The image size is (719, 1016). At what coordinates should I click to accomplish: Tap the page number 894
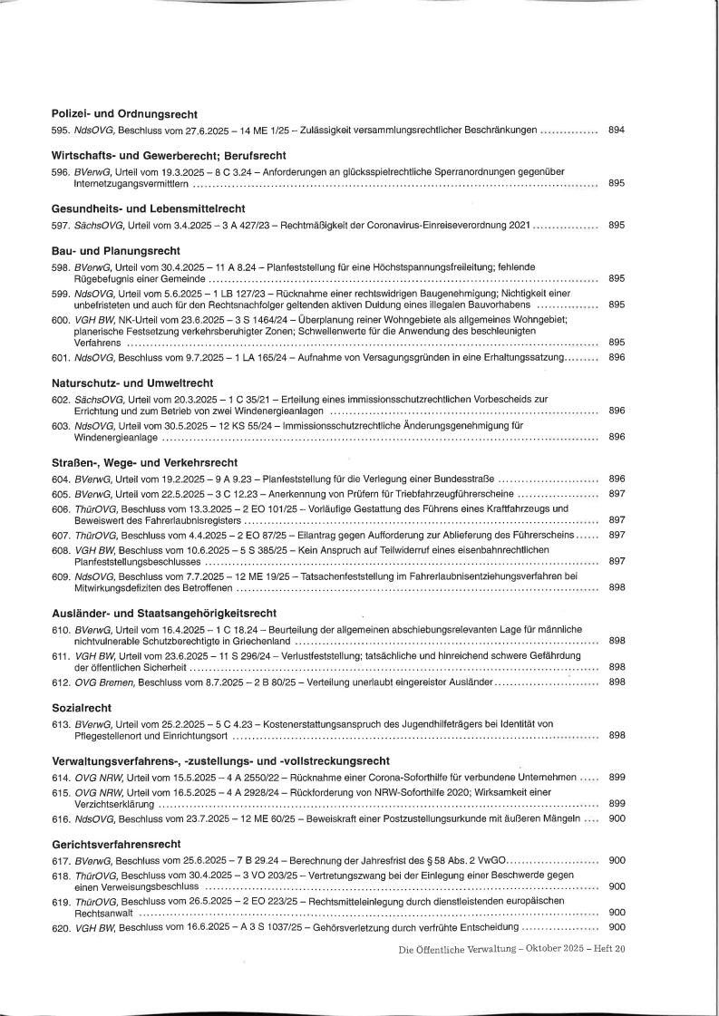pyautogui.click(x=617, y=131)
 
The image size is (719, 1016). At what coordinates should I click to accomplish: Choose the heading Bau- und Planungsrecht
pyautogui.click(x=116, y=249)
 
